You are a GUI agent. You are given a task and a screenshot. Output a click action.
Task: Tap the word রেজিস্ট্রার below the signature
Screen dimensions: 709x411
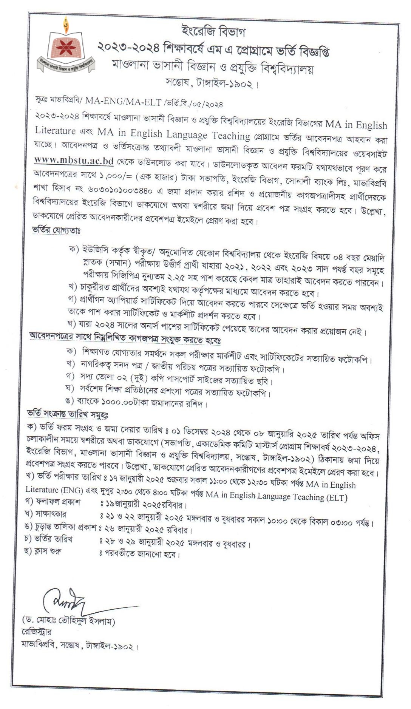37,632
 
